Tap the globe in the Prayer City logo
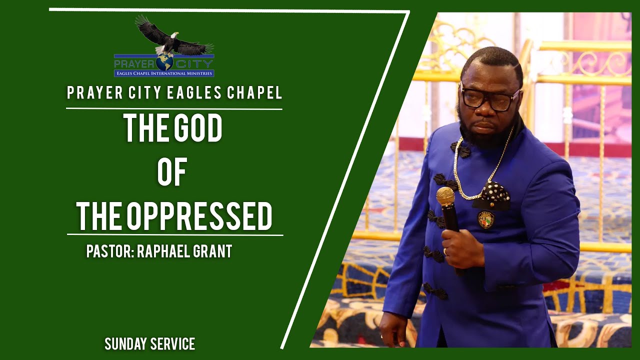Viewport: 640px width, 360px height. (164, 62)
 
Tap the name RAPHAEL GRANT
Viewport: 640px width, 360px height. (184, 251)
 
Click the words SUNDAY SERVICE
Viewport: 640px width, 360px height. (149, 344)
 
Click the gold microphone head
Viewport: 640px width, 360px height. (445, 196)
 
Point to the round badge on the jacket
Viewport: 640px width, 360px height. (485, 219)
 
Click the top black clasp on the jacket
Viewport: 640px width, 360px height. (460, 149)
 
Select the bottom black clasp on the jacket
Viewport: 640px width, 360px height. (436, 291)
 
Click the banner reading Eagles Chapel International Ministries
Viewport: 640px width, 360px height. (164, 73)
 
